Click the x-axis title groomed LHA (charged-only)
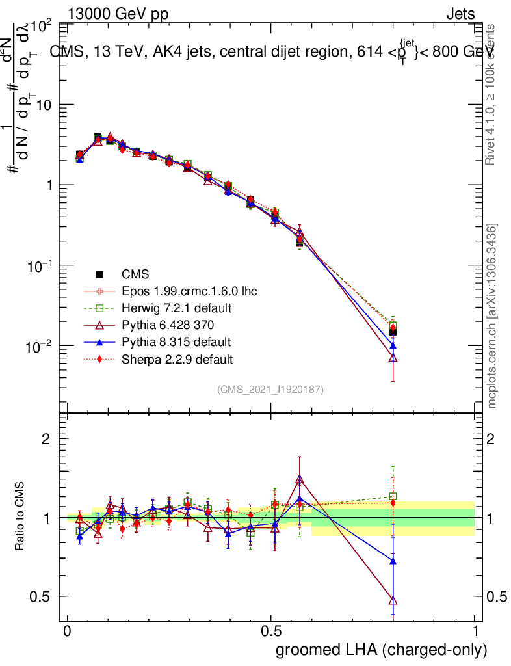(382, 650)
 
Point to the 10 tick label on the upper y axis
(43, 105)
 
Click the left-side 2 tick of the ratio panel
(46, 439)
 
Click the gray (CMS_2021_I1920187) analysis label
(270, 390)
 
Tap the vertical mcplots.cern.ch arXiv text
(493, 316)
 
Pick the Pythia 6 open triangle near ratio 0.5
(393, 600)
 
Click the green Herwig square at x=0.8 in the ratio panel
(393, 496)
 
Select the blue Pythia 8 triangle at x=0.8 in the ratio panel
(393, 560)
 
